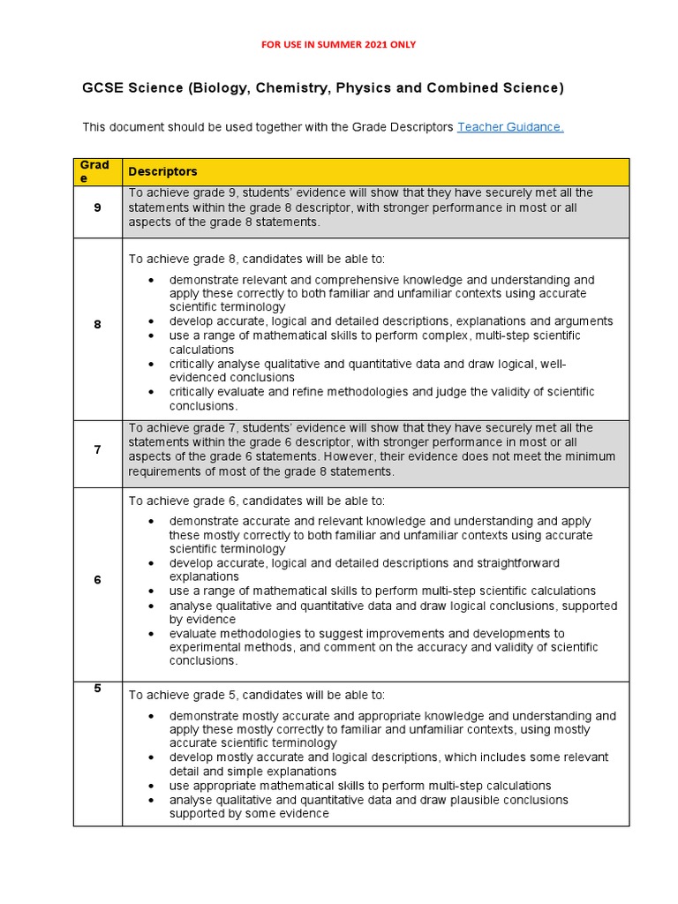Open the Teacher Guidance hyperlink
click(x=510, y=127)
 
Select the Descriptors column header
click(x=162, y=171)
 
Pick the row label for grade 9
click(x=97, y=208)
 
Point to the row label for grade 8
click(x=97, y=324)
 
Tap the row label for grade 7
click(x=97, y=450)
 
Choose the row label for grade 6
click(x=97, y=580)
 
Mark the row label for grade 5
click(x=97, y=689)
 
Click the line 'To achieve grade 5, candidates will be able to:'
click(x=257, y=695)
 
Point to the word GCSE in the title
click(x=102, y=88)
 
